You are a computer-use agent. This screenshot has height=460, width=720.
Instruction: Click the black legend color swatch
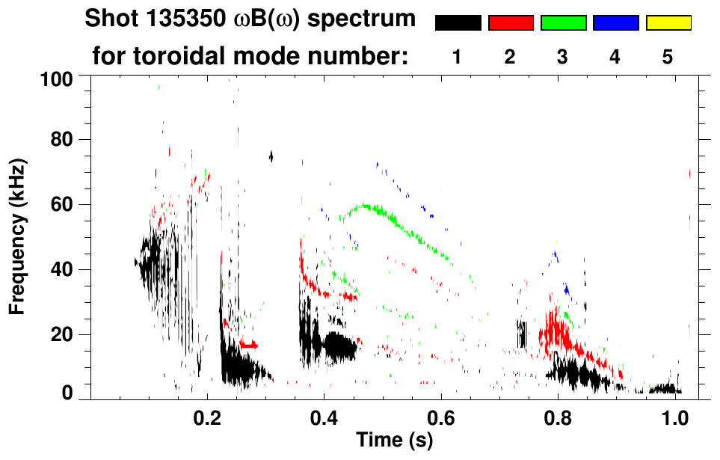tap(458, 23)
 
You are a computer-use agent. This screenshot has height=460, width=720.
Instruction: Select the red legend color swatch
tap(511, 23)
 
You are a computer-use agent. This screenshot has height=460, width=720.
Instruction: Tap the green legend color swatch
tap(563, 23)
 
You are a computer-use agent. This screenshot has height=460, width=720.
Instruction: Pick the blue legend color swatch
tap(615, 23)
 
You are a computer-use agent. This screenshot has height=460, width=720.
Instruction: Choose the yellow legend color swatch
tap(668, 23)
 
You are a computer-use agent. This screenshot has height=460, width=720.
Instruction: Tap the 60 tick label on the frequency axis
tap(67, 204)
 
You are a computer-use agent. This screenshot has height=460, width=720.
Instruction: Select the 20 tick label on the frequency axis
tap(67, 334)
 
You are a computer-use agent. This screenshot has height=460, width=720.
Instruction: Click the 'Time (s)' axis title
tap(394, 440)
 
